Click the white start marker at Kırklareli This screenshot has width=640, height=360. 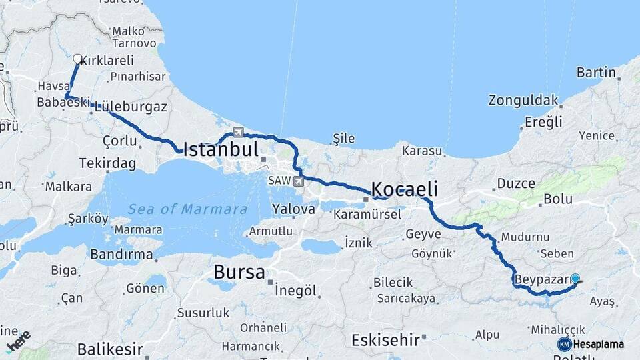77,59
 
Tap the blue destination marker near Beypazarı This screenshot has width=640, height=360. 575,279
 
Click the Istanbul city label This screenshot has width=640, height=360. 221,149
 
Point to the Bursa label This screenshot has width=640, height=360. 239,272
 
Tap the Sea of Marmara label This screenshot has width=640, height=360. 187,209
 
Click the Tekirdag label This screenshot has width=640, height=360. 107,163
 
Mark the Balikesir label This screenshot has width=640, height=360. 110,349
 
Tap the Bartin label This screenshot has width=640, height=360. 596,72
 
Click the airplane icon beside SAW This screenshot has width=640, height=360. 297,180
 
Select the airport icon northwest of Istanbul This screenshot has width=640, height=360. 238,131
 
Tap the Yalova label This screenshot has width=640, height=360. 293,209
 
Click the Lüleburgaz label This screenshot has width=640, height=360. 131,107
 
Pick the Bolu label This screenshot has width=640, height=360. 558,199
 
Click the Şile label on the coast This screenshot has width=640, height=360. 344,138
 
